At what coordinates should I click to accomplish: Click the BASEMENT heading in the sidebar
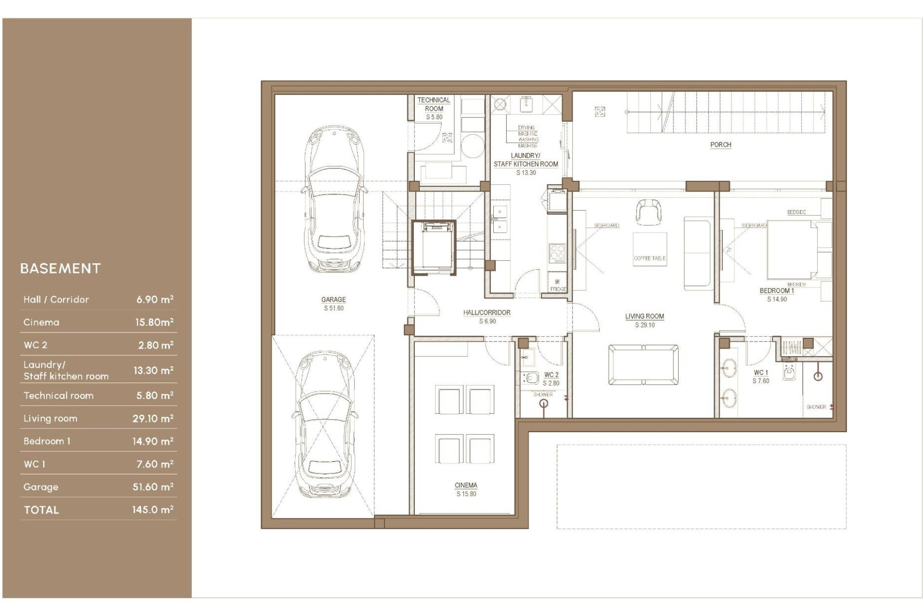[61, 269]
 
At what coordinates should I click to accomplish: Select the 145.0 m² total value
[153, 510]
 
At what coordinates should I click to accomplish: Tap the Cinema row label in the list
[41, 322]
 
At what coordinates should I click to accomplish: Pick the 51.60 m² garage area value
[153, 487]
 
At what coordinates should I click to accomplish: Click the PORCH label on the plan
[720, 144]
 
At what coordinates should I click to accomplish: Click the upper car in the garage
[334, 200]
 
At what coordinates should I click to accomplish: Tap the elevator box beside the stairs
[433, 247]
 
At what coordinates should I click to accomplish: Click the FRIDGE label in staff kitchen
[558, 289]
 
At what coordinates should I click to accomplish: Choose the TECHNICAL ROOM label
[434, 104]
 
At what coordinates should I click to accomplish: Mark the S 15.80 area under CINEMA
[466, 494]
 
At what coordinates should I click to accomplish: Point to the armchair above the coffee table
[648, 212]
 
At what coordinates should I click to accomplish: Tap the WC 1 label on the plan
[760, 372]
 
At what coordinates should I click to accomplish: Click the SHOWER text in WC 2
[543, 395]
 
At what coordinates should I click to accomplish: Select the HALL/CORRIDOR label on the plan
[487, 312]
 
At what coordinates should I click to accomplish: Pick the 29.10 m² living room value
[153, 419]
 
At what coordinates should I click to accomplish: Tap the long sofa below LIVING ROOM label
[643, 365]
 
